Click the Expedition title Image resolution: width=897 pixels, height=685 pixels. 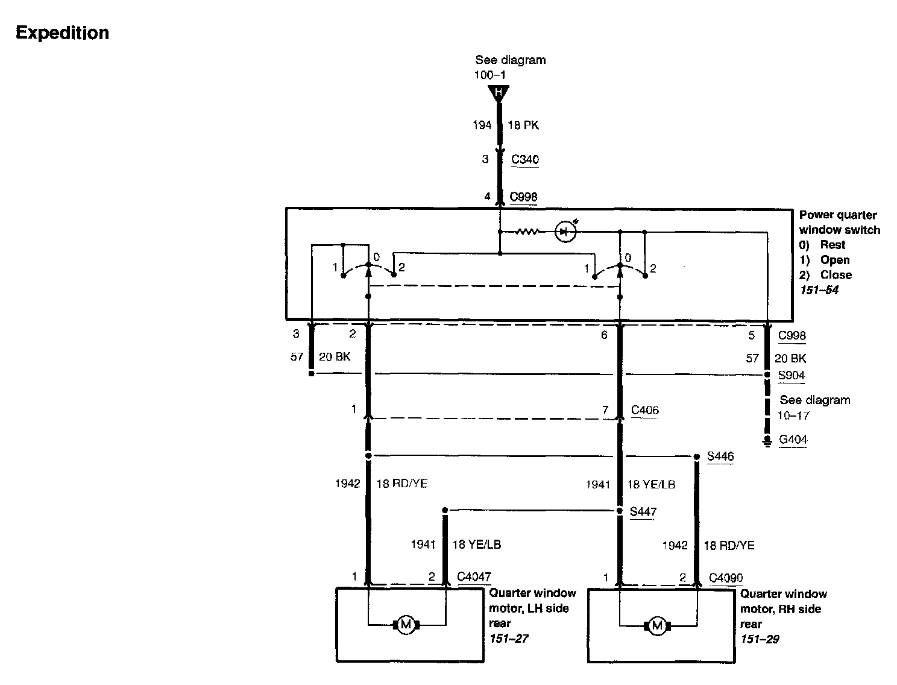point(62,33)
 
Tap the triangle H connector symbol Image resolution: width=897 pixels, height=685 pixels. point(499,93)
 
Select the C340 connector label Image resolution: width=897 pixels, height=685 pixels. point(524,160)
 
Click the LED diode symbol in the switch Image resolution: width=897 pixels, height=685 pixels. point(564,232)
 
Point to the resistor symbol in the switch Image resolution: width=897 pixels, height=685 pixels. point(527,232)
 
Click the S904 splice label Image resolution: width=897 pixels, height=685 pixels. point(791,375)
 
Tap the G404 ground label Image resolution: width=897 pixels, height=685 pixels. point(793,440)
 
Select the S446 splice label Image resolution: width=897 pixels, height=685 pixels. point(720,456)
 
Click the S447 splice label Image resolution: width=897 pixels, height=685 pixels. point(643,512)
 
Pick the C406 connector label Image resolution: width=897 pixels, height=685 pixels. point(644,411)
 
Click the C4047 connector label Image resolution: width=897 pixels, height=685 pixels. point(474,577)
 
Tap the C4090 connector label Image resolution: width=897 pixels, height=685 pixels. point(726,578)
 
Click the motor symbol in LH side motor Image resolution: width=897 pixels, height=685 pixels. point(406,625)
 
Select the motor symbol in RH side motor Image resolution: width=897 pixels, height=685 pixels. point(657,625)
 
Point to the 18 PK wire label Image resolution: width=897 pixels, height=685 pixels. point(523,125)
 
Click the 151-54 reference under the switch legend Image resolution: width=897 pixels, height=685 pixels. point(819,290)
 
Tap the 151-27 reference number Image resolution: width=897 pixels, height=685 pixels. point(509,639)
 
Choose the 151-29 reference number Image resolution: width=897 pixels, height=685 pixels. point(760,639)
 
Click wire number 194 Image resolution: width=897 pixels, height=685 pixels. point(482,125)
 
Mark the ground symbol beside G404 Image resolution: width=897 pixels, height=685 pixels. point(767,442)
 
